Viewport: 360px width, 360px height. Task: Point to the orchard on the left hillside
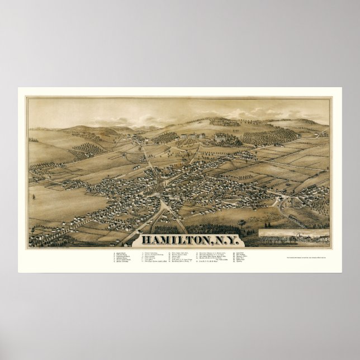[87, 148]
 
